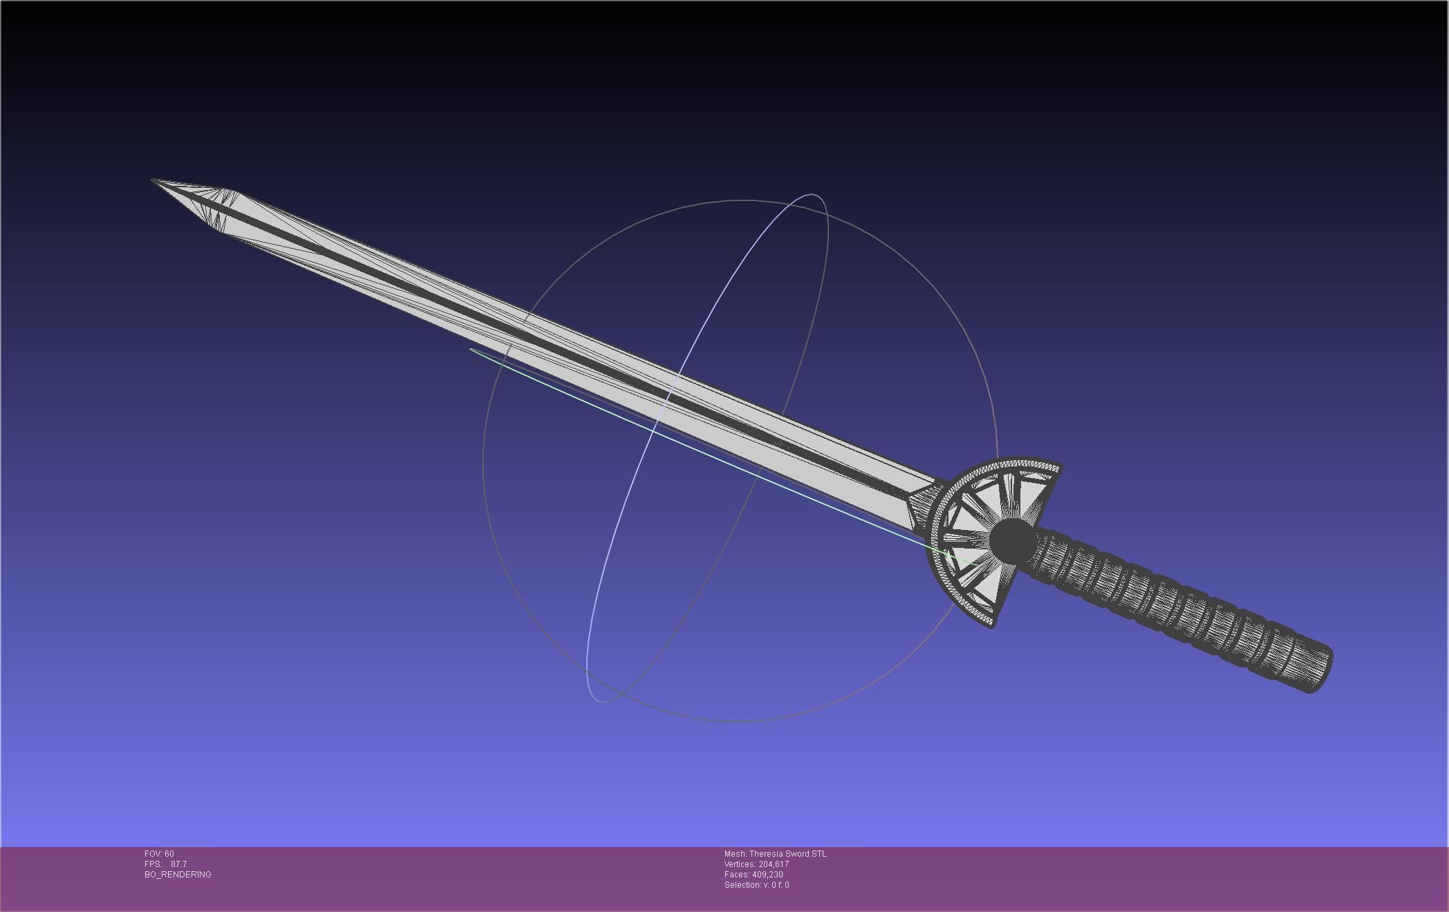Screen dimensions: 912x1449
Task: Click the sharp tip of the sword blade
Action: tap(153, 181)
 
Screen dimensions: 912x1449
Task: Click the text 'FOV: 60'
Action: tap(159, 854)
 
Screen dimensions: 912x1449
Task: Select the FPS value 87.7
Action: tap(178, 864)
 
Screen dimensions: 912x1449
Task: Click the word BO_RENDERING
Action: tap(178, 875)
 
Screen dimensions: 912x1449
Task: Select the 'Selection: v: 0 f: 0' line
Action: tap(756, 885)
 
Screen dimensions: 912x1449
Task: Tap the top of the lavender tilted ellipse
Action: tap(812, 196)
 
